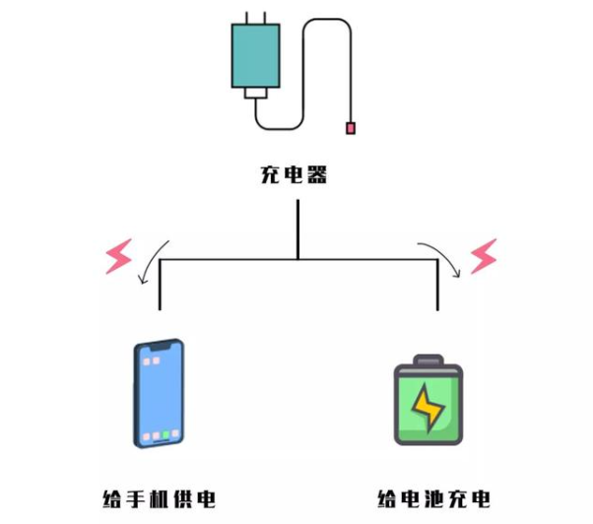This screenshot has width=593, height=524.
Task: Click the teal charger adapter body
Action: [256, 55]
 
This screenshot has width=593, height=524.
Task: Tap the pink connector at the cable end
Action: [351, 128]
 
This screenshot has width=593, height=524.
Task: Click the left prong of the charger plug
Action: [246, 18]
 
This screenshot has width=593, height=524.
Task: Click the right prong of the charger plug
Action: [265, 18]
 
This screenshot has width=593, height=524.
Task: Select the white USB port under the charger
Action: [256, 93]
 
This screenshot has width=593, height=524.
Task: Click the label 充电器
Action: [294, 174]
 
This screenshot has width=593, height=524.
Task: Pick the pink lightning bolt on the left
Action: [119, 256]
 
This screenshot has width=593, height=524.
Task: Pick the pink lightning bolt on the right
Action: [484, 256]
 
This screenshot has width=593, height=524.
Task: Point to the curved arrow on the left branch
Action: [151, 261]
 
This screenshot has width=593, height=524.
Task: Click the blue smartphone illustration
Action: [159, 393]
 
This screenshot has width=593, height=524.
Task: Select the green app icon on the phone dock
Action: [165, 435]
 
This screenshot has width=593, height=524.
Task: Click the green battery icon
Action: [428, 400]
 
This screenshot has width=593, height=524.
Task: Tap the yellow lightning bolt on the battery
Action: [428, 407]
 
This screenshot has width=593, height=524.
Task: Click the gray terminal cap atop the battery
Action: [428, 360]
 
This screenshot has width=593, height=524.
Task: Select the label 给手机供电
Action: [159, 499]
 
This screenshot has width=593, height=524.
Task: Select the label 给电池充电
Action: [433, 499]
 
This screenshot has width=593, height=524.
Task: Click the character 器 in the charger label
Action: [317, 174]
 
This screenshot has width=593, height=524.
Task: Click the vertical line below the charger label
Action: [298, 229]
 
